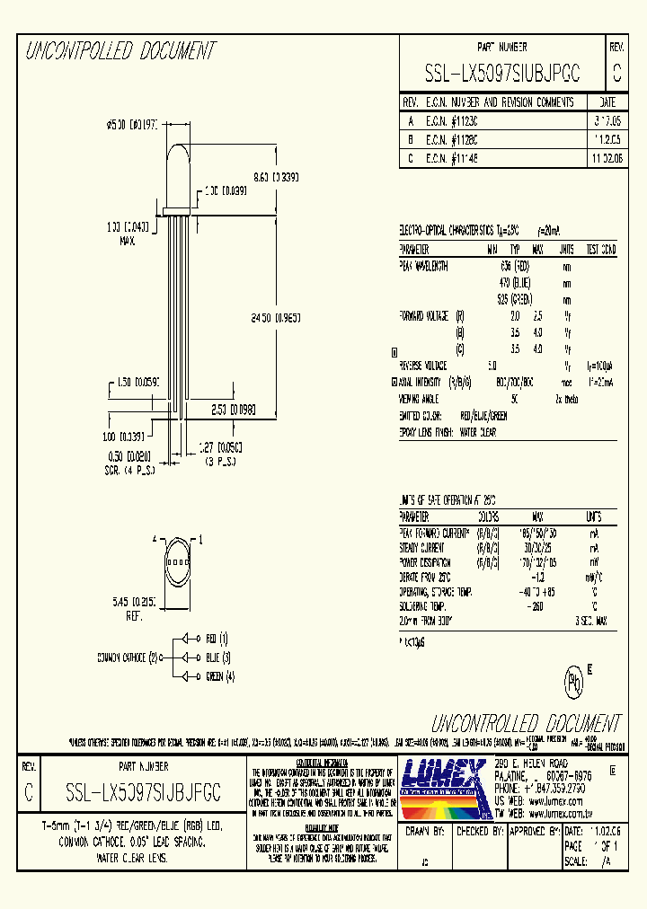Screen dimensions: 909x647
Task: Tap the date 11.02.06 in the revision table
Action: [604, 157]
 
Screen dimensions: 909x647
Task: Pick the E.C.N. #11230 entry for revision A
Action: [452, 119]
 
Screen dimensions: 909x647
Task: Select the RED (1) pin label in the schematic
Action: [217, 639]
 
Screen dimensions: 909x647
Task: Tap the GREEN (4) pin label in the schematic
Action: [220, 676]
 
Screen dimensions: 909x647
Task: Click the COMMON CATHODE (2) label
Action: [128, 657]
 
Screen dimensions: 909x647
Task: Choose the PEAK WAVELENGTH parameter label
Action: [424, 266]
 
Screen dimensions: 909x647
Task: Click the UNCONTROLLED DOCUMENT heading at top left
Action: [121, 51]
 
